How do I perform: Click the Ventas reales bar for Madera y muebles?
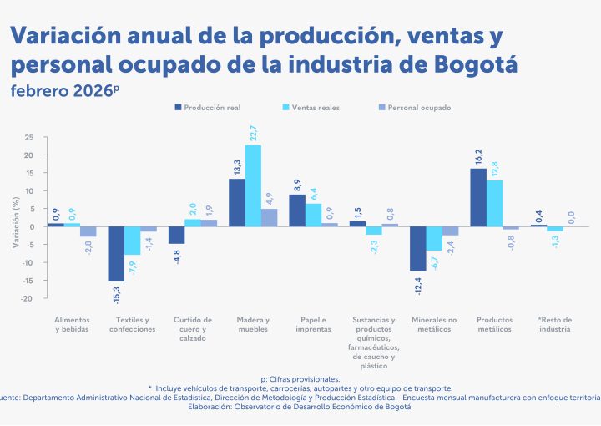253,185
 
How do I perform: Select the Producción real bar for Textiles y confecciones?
116,253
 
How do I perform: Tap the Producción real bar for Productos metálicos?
478,197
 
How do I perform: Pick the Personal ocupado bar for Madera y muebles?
269,217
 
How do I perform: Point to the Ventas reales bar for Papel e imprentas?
313,215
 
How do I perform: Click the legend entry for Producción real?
209,108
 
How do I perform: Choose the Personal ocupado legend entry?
414,108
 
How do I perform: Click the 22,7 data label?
253,133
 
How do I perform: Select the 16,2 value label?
478,156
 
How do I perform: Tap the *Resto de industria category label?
555,324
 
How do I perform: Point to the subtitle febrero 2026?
63,89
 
